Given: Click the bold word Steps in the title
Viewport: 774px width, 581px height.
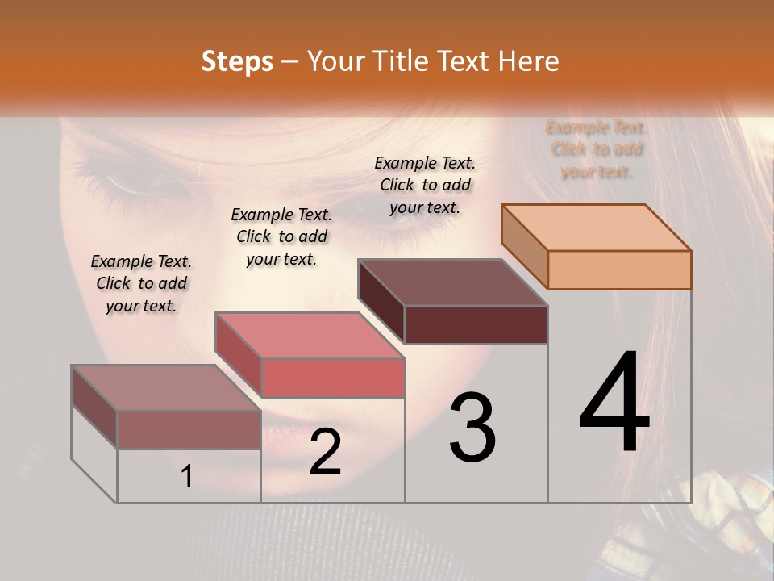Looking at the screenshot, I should (237, 61).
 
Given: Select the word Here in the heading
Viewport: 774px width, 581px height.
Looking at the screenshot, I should (528, 61).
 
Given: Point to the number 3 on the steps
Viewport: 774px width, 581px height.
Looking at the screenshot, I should (472, 428).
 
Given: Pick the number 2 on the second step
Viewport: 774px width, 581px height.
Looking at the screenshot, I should (325, 452).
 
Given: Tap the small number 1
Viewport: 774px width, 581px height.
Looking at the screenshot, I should (187, 477).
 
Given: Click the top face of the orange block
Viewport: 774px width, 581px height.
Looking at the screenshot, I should (597, 228).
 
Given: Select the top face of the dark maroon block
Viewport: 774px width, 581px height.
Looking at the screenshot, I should (453, 282).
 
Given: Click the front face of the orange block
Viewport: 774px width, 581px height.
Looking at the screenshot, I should (619, 270).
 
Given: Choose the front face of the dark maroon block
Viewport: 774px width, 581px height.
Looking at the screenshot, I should (476, 324).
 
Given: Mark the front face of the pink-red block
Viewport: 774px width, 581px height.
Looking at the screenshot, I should (332, 378).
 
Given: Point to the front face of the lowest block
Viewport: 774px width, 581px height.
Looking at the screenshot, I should (189, 429).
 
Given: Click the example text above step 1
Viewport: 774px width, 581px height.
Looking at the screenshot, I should (141, 283).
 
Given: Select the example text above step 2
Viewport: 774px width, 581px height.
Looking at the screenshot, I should (281, 236).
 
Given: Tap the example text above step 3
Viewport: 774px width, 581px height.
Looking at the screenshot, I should (425, 185).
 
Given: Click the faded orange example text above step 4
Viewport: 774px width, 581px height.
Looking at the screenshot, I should (597, 149).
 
